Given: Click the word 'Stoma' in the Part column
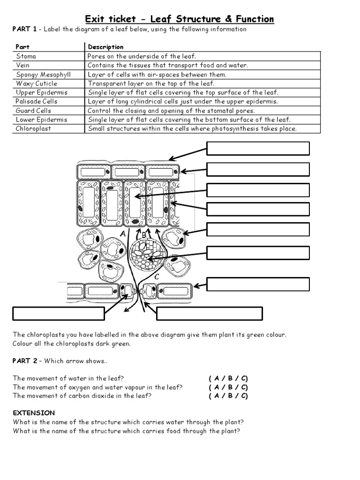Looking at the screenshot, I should [26, 56].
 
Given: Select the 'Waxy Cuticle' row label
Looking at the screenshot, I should [37, 83].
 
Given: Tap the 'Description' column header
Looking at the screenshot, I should [105, 47].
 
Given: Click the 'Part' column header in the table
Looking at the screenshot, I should [22, 47].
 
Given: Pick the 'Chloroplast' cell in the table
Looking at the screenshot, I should [33, 128].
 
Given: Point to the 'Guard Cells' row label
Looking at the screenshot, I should [33, 111].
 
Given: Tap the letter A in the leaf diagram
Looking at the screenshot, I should [123, 233].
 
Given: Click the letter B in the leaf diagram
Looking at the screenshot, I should [144, 235].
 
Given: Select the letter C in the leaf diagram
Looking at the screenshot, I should [156, 277].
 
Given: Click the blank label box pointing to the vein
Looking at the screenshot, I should [258, 253].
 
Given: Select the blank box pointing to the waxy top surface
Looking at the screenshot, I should [258, 148].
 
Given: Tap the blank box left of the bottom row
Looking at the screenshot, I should [58, 314].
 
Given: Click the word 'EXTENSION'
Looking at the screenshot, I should [34, 413].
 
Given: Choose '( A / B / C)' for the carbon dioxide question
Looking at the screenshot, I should [228, 396].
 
